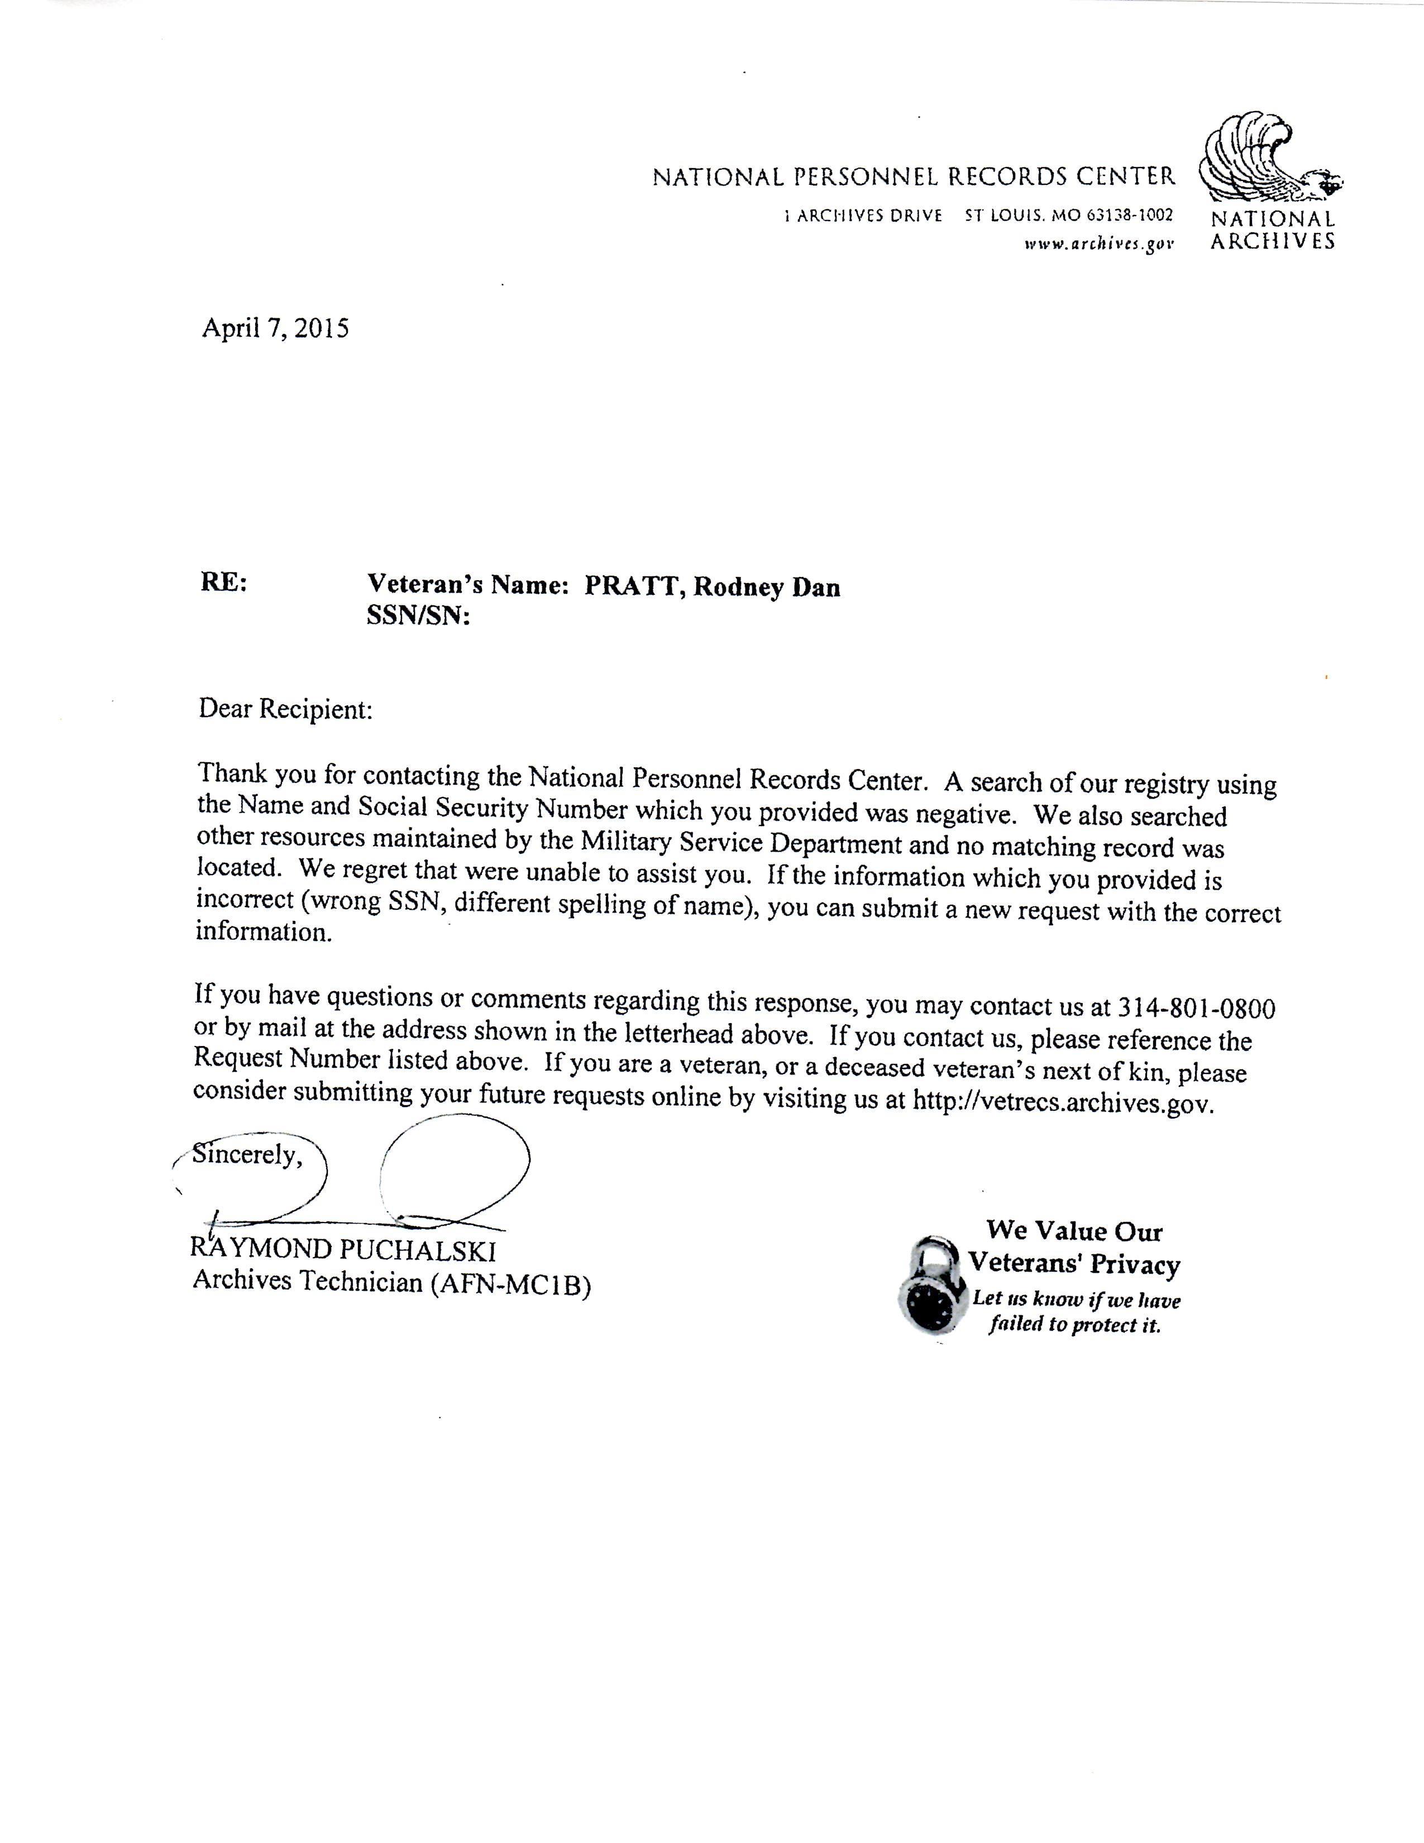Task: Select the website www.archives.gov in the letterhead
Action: pyautogui.click(x=1098, y=244)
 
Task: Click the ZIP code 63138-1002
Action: pyautogui.click(x=1126, y=215)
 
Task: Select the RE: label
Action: pyautogui.click(x=223, y=582)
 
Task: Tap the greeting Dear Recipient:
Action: pyautogui.click(x=285, y=709)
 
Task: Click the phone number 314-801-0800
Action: pyautogui.click(x=1196, y=1008)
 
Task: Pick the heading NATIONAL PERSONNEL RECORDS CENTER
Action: pyautogui.click(x=914, y=176)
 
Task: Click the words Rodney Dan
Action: pyautogui.click(x=766, y=588)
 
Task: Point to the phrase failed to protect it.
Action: pyautogui.click(x=1075, y=1325)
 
